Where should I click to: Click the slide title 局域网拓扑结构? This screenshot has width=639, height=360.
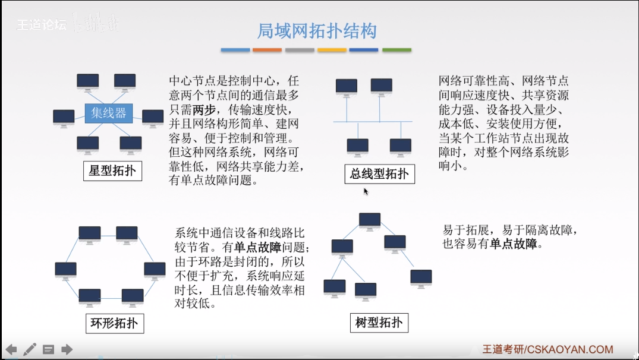[x=316, y=31]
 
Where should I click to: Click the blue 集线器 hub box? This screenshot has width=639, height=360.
[x=109, y=113]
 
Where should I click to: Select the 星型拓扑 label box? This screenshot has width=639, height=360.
[x=112, y=172]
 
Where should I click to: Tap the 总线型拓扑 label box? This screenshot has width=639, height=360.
[x=379, y=173]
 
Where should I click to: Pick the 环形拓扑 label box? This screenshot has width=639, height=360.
[x=115, y=323]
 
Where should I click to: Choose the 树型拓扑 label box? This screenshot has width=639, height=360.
[x=379, y=323]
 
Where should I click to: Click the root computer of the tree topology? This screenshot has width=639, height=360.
[x=370, y=222]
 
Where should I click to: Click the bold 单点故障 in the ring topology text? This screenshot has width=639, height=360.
[x=258, y=247]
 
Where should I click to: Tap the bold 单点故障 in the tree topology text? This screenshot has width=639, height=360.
[x=514, y=244]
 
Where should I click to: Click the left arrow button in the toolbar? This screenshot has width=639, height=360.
[x=11, y=349]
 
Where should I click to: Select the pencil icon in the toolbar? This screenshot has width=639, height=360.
[x=30, y=349]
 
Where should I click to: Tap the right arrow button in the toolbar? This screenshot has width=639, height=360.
[x=67, y=349]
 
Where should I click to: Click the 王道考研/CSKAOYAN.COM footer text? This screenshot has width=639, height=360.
[x=547, y=349]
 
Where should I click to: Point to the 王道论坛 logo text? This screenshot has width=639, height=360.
[x=41, y=25]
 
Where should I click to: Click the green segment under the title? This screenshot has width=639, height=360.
[x=396, y=50]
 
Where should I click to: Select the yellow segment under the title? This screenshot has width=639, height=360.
[x=332, y=50]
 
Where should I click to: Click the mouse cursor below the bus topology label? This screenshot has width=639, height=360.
[x=366, y=191]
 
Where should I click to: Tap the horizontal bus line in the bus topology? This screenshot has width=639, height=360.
[x=372, y=122]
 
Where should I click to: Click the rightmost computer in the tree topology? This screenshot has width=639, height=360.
[x=421, y=277]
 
